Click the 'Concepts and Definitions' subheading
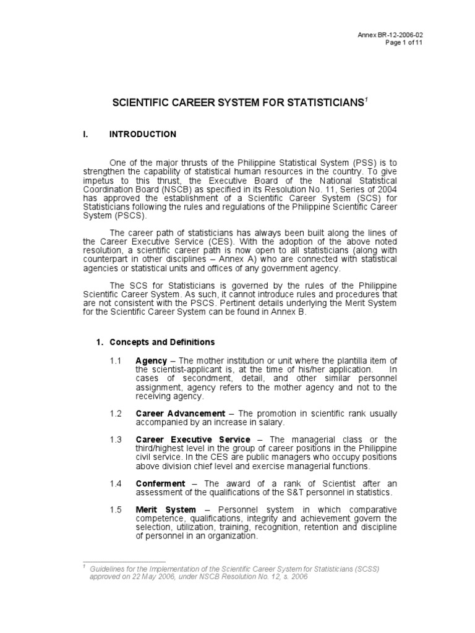coord(162,342)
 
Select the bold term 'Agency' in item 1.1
coord(151,361)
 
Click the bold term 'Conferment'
coord(160,483)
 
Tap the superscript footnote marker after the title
coord(366,99)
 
